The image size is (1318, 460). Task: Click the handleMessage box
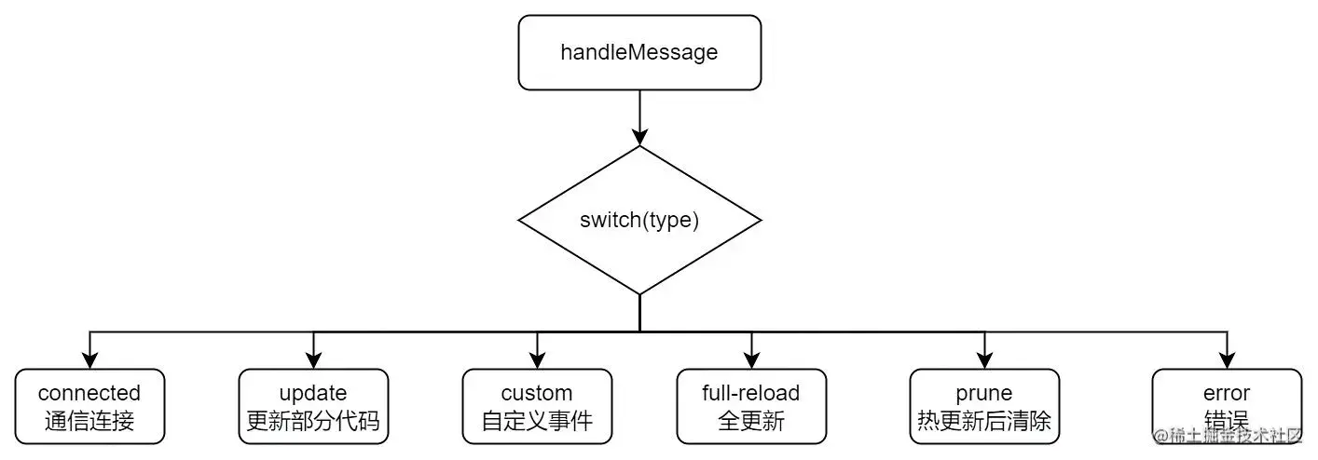[x=639, y=52]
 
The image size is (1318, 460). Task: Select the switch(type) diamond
[x=639, y=221]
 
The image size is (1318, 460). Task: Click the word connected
[x=89, y=393]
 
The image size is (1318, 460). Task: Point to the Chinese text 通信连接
[x=89, y=421]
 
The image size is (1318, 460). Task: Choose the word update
[x=313, y=393]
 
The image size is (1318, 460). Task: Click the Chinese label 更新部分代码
[x=313, y=421]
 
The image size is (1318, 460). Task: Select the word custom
[x=537, y=393]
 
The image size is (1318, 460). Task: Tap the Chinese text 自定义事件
[x=537, y=421]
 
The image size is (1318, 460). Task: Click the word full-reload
[x=751, y=393]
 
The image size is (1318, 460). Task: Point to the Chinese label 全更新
[x=751, y=421]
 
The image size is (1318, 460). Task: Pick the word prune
[x=984, y=393]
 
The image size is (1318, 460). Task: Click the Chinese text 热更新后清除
[x=984, y=421]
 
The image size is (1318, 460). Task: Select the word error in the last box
[x=1227, y=393]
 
